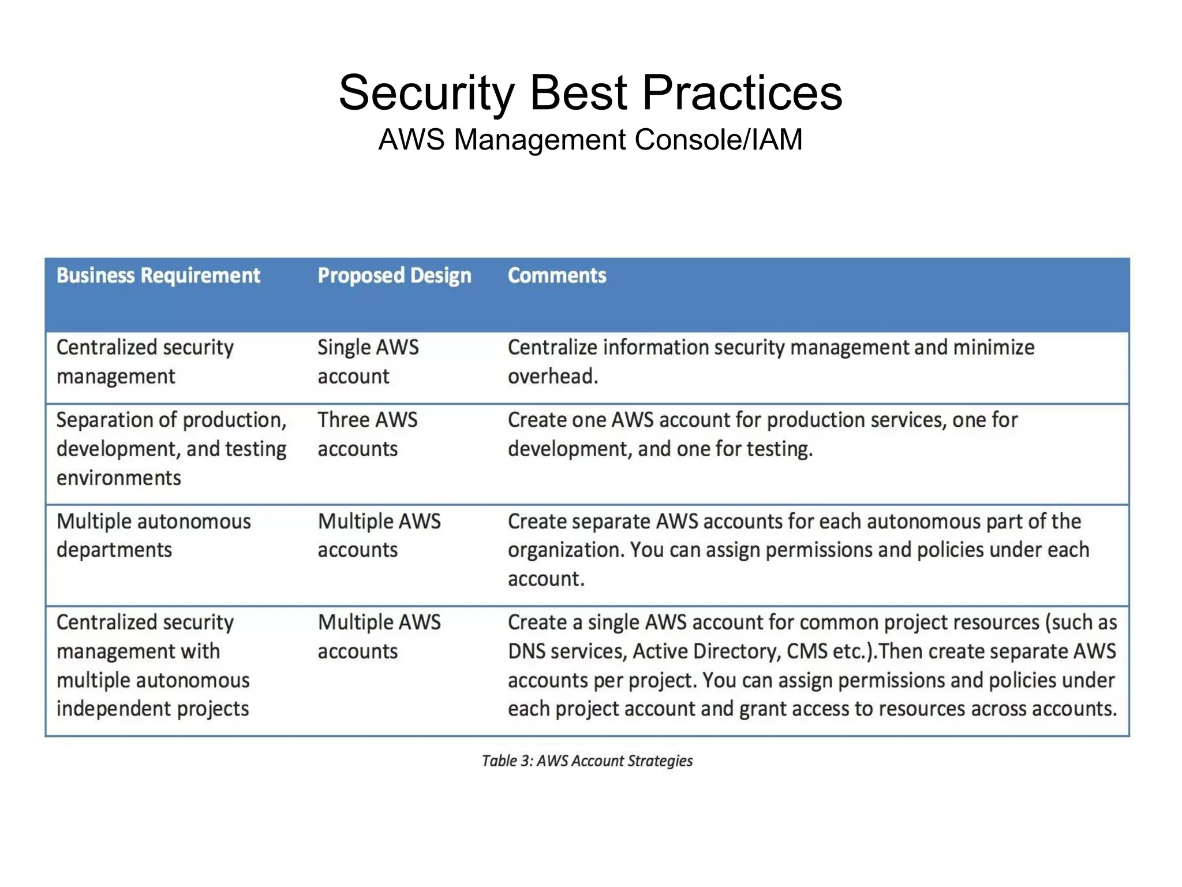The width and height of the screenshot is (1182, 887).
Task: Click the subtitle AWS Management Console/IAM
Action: tap(590, 140)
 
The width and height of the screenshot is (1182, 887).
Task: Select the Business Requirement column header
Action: tap(158, 275)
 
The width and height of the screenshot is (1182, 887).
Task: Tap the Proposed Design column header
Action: tap(394, 275)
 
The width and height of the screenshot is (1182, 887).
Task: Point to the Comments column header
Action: tap(556, 275)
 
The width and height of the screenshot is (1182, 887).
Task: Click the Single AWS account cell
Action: tap(368, 361)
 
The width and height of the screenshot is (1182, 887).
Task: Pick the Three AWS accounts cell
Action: tap(367, 434)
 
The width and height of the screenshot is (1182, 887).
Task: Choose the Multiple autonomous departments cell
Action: tap(154, 535)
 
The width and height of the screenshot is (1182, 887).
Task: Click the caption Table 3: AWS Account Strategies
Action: tap(587, 761)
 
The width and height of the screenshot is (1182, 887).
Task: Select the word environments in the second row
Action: tap(118, 478)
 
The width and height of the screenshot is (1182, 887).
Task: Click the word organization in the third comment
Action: tap(564, 550)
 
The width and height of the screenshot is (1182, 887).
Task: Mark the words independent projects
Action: tap(152, 709)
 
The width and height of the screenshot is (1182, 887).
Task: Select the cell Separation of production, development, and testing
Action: tap(171, 449)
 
